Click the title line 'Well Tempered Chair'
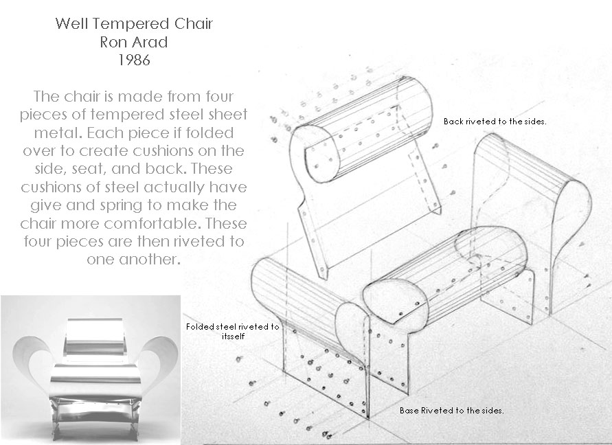pos(134,24)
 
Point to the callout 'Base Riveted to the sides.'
pos(452,410)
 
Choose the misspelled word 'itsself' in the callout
pos(229,337)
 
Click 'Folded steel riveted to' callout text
pos(232,327)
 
